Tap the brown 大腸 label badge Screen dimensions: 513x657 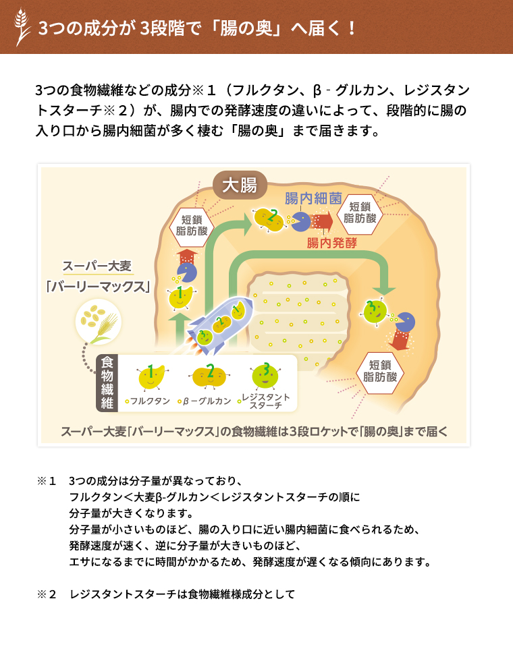[x=240, y=185]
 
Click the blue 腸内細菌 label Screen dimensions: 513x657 [x=313, y=198]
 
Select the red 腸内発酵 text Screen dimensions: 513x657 [x=332, y=243]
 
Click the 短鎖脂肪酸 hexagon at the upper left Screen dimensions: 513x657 [x=192, y=225]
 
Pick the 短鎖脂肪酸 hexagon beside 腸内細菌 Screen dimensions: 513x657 [x=360, y=212]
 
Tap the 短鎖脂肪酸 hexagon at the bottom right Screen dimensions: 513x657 [x=379, y=371]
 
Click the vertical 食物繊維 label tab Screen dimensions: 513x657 [x=107, y=383]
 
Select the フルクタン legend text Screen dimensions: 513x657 [x=148, y=401]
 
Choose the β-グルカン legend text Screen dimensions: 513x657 [x=205, y=401]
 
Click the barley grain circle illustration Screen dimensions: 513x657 [x=99, y=322]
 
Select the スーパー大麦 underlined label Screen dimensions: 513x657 [x=97, y=266]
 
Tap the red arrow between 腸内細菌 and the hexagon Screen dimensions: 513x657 [x=322, y=221]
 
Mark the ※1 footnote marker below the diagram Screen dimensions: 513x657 [x=47, y=481]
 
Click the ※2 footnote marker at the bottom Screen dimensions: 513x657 [x=47, y=594]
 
